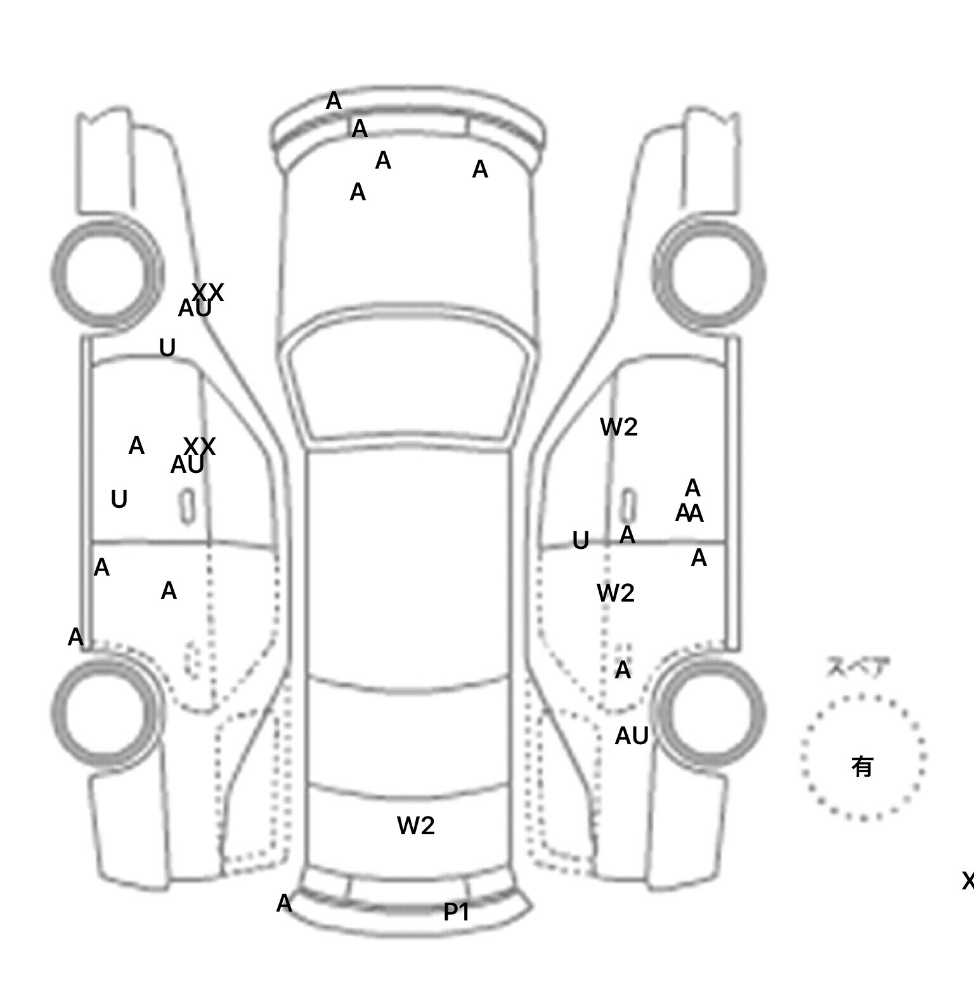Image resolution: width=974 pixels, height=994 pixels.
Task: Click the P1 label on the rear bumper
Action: (x=457, y=912)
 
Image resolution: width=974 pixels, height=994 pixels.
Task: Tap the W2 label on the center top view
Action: (x=416, y=825)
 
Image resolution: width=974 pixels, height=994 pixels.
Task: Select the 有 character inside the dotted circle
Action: (x=862, y=767)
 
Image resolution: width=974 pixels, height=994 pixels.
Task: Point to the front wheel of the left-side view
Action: (x=107, y=274)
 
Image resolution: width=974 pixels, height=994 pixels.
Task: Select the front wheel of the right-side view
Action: (x=709, y=274)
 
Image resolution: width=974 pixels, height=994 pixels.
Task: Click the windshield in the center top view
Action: (x=410, y=387)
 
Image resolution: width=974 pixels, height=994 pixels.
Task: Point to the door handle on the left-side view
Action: (x=187, y=507)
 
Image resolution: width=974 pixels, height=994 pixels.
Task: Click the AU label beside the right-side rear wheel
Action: (x=632, y=736)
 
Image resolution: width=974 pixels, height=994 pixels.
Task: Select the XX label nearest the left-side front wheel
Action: (x=207, y=292)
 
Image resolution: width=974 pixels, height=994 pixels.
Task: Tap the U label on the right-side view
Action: (x=580, y=541)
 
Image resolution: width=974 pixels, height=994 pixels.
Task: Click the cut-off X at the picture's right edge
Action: (x=968, y=881)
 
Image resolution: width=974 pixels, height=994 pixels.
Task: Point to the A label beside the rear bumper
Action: (x=284, y=903)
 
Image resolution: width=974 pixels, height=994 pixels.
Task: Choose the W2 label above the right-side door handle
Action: (x=618, y=427)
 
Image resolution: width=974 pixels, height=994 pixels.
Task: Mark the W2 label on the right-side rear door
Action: (x=615, y=593)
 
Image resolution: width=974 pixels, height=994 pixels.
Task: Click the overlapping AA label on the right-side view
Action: (x=689, y=513)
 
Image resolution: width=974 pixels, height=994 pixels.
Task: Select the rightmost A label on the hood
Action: (x=480, y=169)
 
